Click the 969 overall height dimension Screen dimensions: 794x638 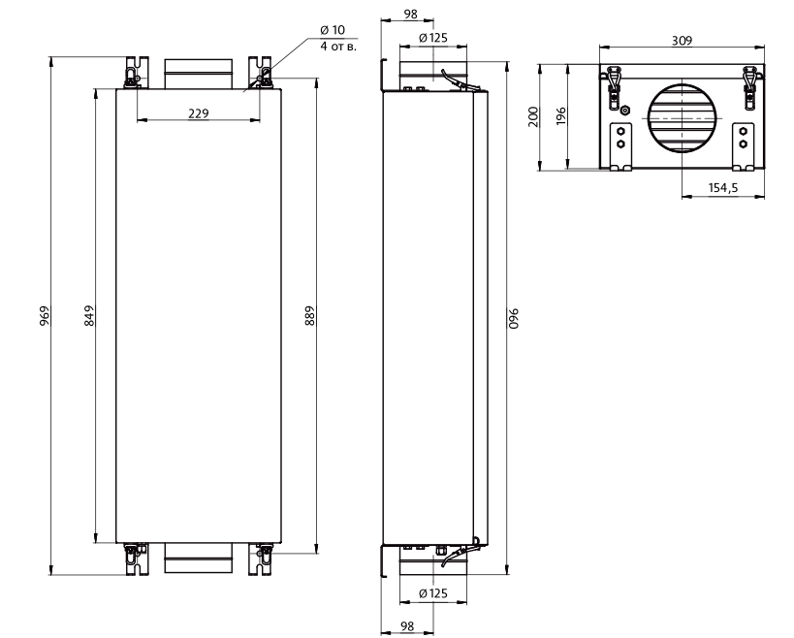tap(44, 315)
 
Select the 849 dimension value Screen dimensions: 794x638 tap(89, 315)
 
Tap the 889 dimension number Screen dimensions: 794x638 tap(310, 315)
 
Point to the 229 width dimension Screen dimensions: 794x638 tap(199, 113)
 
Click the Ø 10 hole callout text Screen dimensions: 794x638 tap(333, 30)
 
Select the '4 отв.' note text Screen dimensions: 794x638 tap(338, 48)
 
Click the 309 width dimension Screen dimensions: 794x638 tap(682, 41)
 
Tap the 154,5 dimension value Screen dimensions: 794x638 tap(723, 188)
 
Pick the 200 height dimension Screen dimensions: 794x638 tap(534, 117)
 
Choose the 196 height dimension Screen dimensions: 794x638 tap(561, 117)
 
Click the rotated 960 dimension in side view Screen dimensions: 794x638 tap(515, 318)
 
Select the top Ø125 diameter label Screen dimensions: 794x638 tap(433, 38)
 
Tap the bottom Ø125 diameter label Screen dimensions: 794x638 tap(433, 593)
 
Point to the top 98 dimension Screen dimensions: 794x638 tap(411, 15)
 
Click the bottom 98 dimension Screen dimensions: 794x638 tap(407, 626)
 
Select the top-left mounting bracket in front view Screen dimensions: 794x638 tap(138, 73)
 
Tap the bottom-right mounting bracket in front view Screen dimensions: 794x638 tap(260, 559)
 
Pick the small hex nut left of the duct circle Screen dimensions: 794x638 tap(625, 110)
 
